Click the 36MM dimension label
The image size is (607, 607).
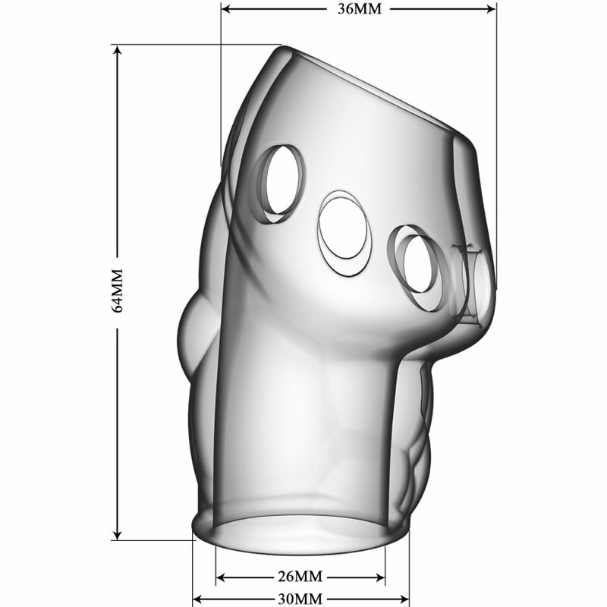[359, 8]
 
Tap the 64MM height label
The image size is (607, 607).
[117, 291]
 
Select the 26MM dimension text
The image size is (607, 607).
[300, 577]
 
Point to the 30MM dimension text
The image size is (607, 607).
[300, 599]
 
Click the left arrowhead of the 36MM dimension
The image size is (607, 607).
[226, 8]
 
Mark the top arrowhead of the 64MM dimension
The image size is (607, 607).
[117, 50]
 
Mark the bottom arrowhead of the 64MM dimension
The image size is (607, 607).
[117, 535]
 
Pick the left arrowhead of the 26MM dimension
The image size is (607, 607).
[221, 578]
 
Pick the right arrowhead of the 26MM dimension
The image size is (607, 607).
[380, 578]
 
